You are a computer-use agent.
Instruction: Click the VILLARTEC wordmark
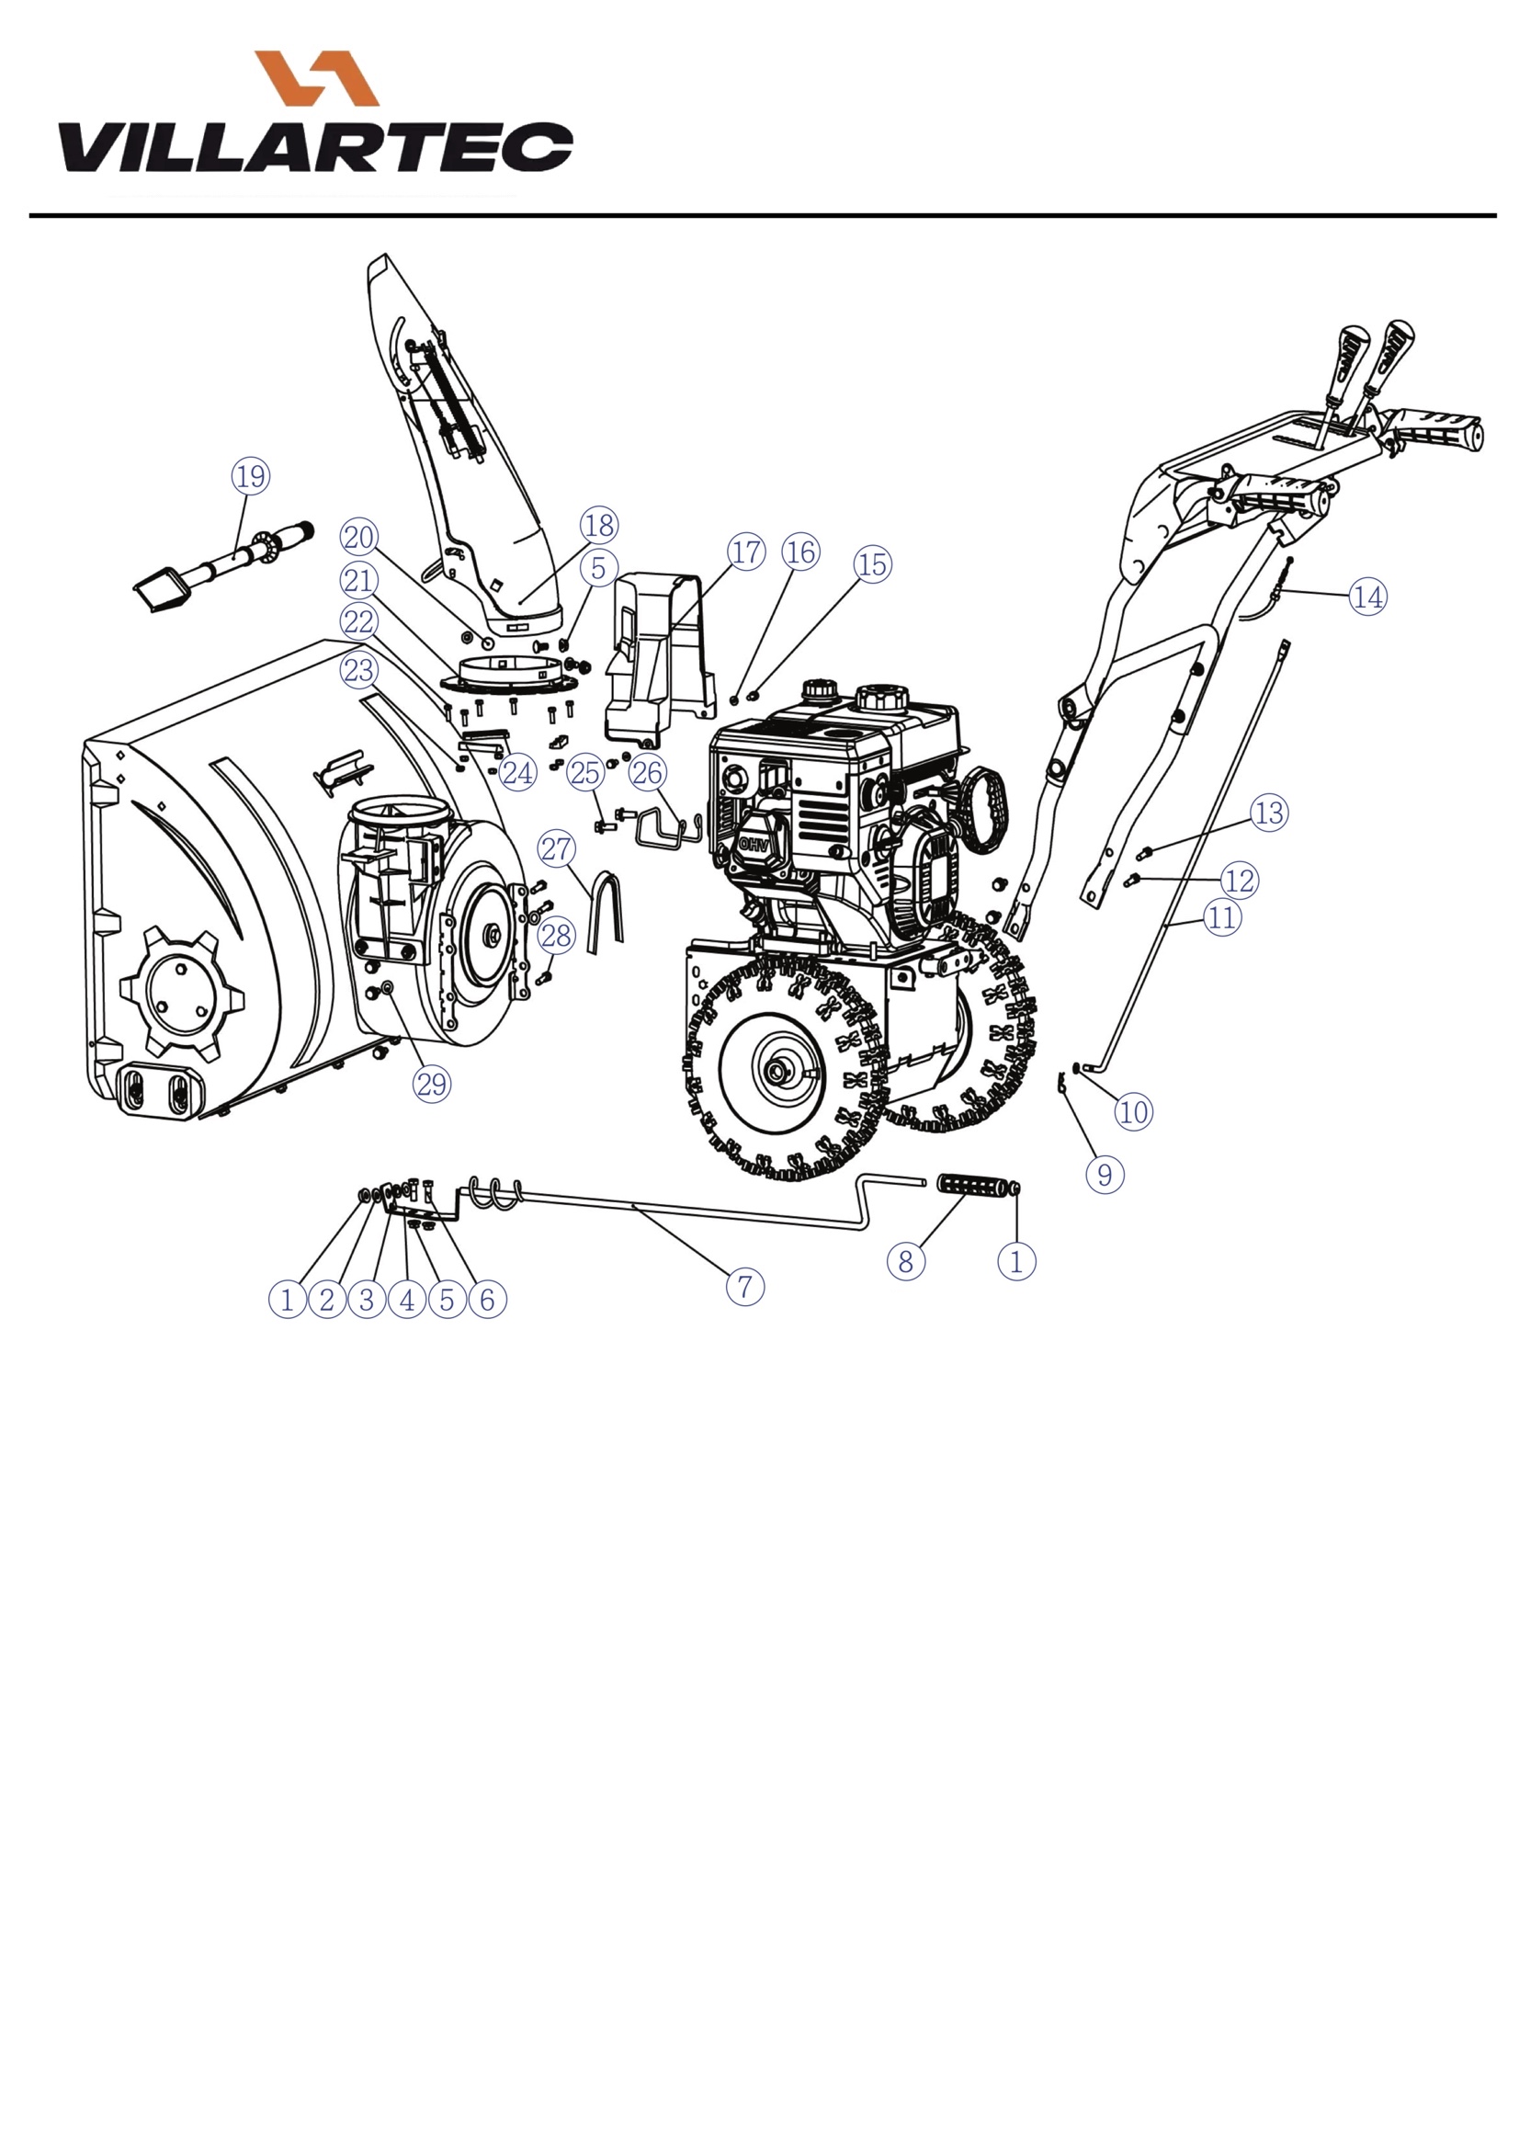point(315,147)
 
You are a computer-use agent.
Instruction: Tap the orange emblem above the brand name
point(316,77)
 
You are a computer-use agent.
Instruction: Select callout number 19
point(251,476)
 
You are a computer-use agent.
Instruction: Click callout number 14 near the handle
point(1367,597)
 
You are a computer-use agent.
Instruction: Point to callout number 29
point(432,1084)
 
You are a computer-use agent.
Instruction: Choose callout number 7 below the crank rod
point(745,1286)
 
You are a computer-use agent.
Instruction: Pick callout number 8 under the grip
point(905,1262)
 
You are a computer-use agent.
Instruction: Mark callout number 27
point(556,849)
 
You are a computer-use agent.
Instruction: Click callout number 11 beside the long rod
point(1221,916)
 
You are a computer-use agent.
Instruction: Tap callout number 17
point(746,551)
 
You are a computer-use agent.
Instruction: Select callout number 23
point(359,670)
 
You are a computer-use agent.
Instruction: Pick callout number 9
point(1105,1175)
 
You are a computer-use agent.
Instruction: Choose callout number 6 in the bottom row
point(487,1299)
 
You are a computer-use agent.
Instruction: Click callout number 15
point(872,564)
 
